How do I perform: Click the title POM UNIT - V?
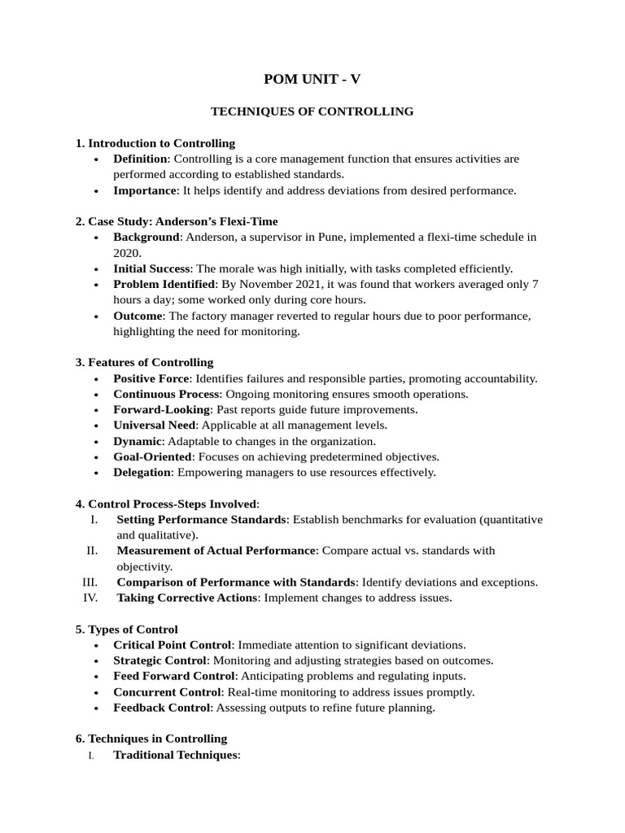click(312, 79)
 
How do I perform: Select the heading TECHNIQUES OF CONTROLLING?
click(312, 111)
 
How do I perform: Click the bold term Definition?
click(140, 159)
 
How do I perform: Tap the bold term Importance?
click(145, 190)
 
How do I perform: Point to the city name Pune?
click(333, 237)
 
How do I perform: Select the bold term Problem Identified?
click(164, 284)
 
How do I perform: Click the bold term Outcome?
click(138, 316)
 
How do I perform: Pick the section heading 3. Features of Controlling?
click(144, 362)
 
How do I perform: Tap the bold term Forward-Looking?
click(161, 409)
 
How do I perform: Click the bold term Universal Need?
click(155, 425)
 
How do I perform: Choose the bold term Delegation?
click(142, 472)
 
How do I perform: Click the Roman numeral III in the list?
click(90, 582)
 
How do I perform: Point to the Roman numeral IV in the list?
click(90, 598)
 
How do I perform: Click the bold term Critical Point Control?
click(173, 644)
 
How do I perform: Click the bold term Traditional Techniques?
click(175, 755)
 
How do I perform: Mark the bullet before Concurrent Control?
click(97, 692)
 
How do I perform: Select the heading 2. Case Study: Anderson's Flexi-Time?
click(177, 221)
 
